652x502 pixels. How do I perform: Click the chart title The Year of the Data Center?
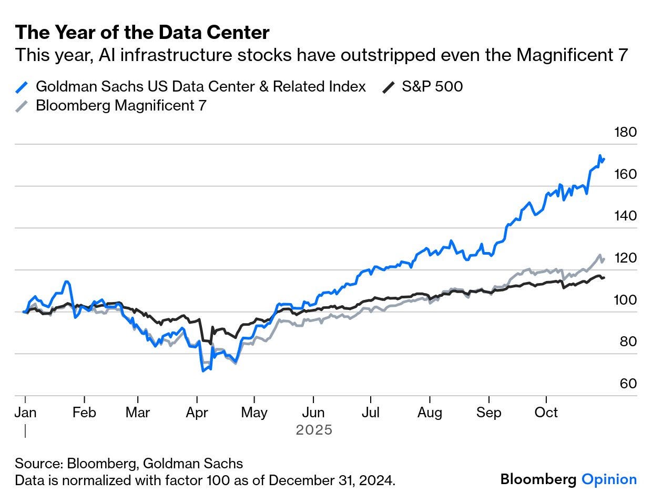[x=142, y=33]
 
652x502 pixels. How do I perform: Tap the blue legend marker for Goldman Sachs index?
[x=23, y=87]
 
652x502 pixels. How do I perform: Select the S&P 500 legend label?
[x=432, y=86]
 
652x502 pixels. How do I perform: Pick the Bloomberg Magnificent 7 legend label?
[x=121, y=106]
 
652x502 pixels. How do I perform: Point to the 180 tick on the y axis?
[x=625, y=132]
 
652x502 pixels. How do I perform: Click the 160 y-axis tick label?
[x=625, y=174]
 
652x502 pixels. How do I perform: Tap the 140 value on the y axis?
[x=625, y=216]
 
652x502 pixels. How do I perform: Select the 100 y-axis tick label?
[x=625, y=300]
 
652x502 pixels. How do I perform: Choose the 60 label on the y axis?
[x=628, y=384]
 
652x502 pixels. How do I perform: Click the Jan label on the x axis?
[x=25, y=413]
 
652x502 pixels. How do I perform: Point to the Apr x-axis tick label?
[x=197, y=413]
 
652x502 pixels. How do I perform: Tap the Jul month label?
[x=371, y=413]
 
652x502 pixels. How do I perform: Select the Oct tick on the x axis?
[x=546, y=413]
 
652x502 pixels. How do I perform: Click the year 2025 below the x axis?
[x=314, y=430]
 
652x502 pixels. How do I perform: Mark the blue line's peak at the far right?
[x=600, y=156]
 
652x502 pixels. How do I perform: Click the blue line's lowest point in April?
[x=202, y=371]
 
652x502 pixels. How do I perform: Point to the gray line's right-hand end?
[x=604, y=258]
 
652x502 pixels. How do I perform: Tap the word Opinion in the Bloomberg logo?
[x=609, y=479]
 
